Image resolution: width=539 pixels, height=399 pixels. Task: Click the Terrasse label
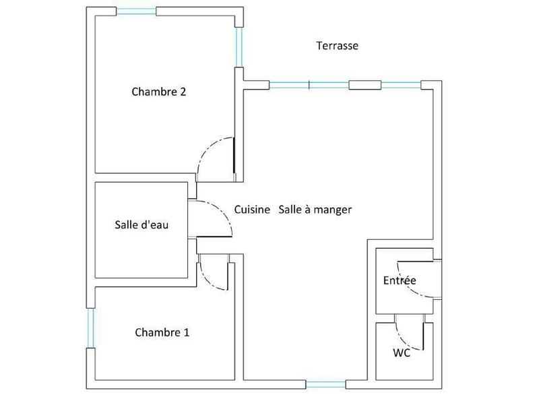tap(337, 46)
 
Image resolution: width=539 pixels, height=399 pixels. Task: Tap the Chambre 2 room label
tap(159, 92)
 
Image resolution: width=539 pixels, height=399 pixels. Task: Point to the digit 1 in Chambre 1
tap(187, 332)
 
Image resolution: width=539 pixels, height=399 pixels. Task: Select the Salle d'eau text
tap(141, 225)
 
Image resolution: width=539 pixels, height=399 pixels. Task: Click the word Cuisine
tap(252, 210)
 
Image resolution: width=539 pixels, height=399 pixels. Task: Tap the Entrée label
tap(400, 280)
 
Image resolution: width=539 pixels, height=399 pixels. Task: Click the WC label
tap(402, 352)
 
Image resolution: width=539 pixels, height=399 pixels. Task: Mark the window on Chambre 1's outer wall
tap(90, 328)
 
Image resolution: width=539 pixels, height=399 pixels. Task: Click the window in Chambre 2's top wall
tap(136, 11)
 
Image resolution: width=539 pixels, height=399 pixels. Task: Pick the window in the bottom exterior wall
tap(326, 385)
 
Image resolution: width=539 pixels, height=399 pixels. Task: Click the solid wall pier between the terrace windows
tap(364, 85)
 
